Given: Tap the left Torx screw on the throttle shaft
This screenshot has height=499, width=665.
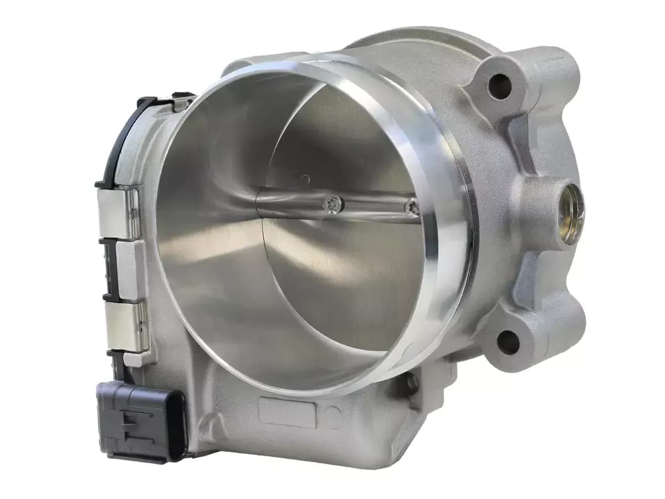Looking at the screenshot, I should pos(334,205).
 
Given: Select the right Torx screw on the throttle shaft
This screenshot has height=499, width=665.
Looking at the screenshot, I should pos(411,207).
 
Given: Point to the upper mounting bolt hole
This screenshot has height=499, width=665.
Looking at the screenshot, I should pos(499,84).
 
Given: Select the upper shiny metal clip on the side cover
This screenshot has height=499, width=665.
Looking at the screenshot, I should pos(118,213).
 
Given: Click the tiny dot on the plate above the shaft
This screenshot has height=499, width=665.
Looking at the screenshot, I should pos(304,178).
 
